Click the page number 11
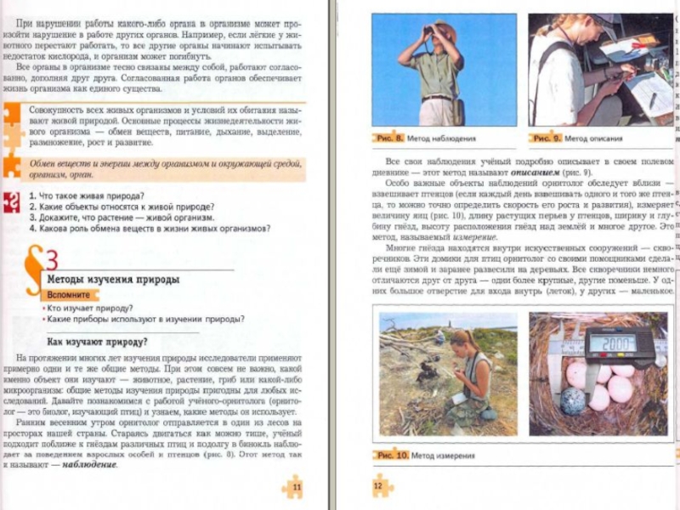pyautogui.click(x=297, y=487)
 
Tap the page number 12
pyautogui.click(x=378, y=486)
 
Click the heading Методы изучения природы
pyautogui.click(x=112, y=279)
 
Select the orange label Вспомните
pyautogui.click(x=69, y=294)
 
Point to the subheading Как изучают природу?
pyautogui.click(x=97, y=342)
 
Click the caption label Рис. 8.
pyautogui.click(x=388, y=138)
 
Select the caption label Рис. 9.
pyautogui.click(x=545, y=138)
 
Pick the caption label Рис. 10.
pyautogui.click(x=392, y=456)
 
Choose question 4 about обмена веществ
pyautogui.click(x=150, y=228)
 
